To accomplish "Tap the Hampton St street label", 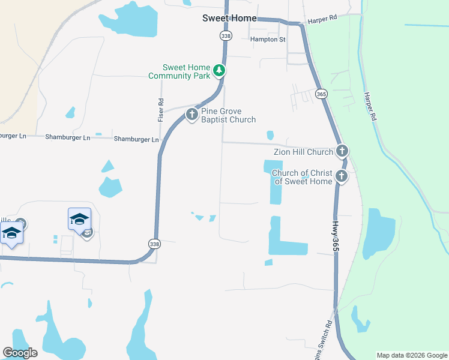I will [x=268, y=40].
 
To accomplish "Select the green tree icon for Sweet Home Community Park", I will [x=220, y=71].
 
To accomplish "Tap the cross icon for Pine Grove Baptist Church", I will [x=191, y=113].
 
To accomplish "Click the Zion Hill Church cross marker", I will [x=342, y=151].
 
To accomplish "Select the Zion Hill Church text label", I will [x=303, y=152].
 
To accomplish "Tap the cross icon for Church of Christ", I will [x=342, y=176].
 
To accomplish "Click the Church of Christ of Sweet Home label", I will [x=302, y=177].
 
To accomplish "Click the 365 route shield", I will [x=321, y=94].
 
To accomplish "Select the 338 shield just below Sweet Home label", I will [x=226, y=36].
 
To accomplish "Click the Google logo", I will [x=20, y=353].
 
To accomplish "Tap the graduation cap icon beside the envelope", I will [x=79, y=219].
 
